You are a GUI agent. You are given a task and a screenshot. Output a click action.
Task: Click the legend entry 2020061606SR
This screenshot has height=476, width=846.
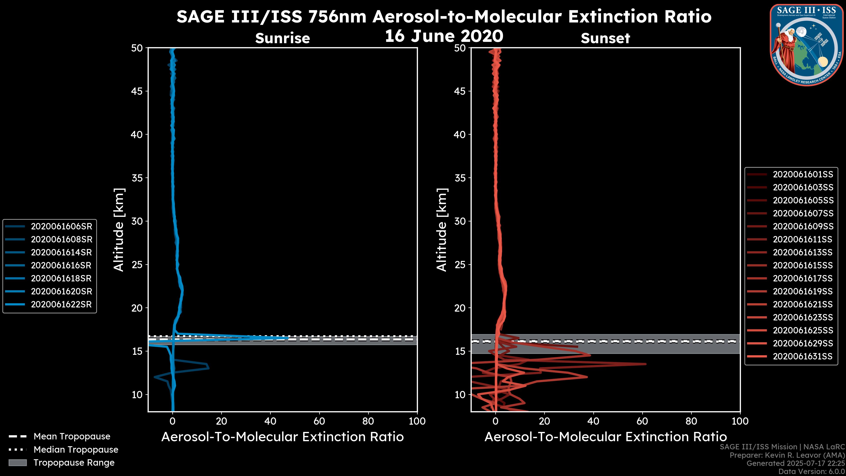61,226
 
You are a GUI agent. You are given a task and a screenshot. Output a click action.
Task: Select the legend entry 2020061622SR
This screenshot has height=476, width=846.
61,305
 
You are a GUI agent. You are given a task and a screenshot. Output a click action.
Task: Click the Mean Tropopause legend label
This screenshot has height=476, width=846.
72,437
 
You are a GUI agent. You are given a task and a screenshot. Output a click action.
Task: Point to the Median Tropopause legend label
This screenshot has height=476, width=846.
76,450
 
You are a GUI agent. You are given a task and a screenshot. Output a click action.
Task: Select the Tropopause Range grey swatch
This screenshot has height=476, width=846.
18,463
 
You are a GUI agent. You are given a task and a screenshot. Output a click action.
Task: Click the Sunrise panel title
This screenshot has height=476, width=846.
282,38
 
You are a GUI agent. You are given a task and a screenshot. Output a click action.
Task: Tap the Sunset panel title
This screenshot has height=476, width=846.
605,38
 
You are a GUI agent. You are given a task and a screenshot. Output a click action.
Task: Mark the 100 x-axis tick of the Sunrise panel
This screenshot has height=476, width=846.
417,421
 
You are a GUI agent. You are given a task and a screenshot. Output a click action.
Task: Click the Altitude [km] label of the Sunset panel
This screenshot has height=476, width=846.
442,230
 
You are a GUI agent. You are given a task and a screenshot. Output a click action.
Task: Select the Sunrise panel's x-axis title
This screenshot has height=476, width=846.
282,437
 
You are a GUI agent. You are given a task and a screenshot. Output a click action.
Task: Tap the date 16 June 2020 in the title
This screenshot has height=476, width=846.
444,36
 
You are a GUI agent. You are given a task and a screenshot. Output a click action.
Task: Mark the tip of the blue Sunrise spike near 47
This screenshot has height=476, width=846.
288,338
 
